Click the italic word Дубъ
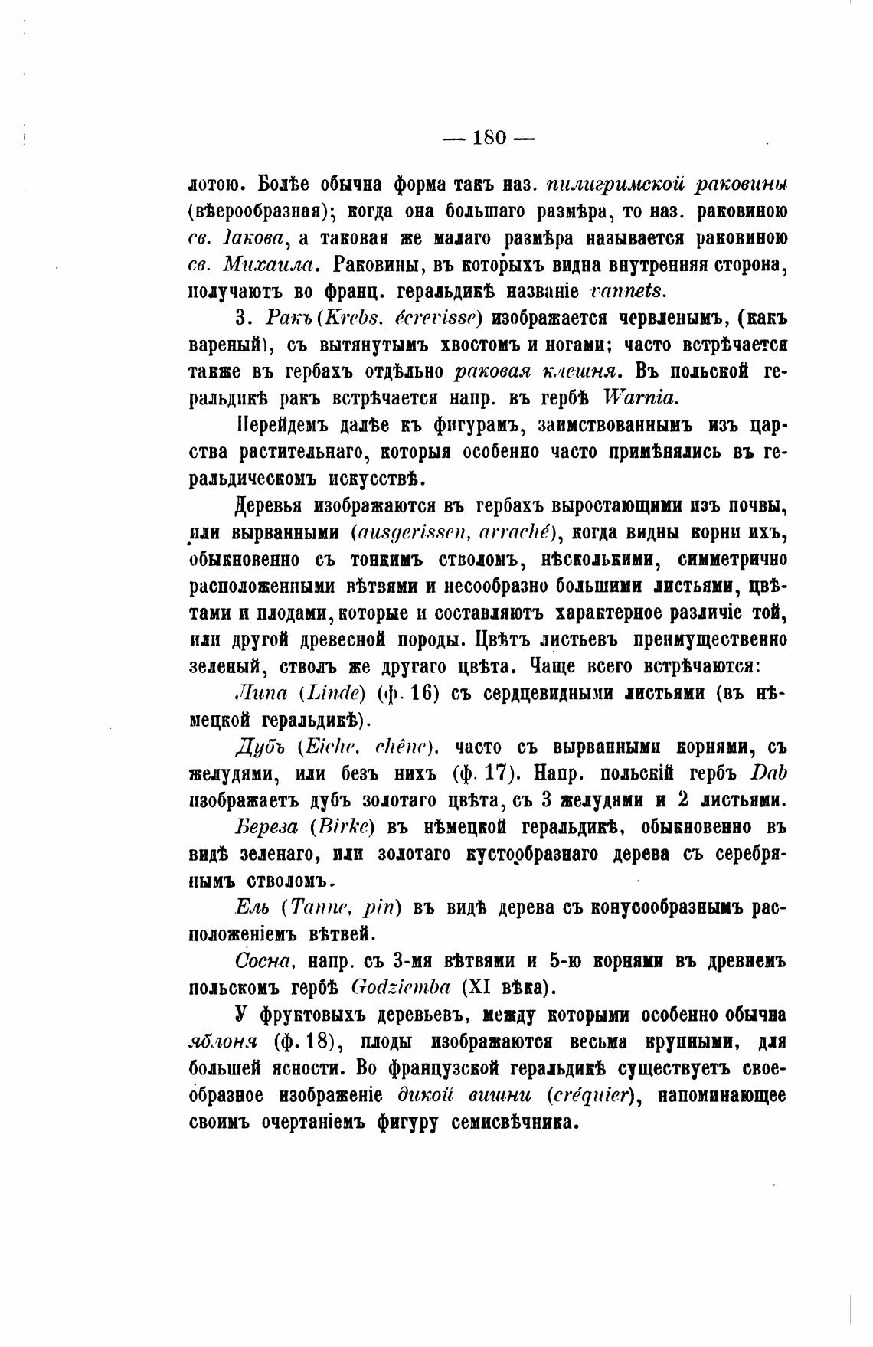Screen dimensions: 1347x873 [258, 747]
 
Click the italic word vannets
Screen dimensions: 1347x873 [629, 290]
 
